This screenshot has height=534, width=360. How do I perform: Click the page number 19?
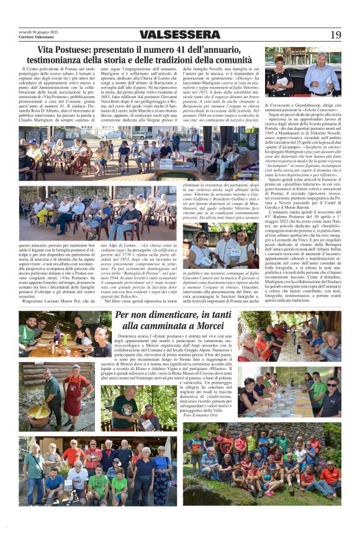point(335,35)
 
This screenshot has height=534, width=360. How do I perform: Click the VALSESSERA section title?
point(180,35)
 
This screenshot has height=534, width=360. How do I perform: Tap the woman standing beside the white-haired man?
point(281,74)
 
